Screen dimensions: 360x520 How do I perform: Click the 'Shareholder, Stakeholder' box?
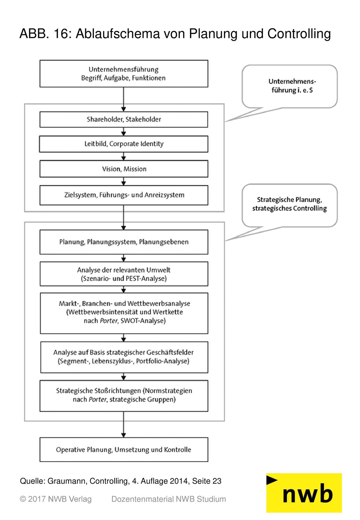[124, 119]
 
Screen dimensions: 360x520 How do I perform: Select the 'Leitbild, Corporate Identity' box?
[124, 144]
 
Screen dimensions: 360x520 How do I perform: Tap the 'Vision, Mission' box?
[124, 169]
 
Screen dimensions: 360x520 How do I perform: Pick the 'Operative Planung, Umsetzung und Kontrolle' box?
[124, 450]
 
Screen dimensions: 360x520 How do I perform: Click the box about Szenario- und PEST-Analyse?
[124, 274]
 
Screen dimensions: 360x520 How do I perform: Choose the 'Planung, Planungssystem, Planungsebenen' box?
[124, 242]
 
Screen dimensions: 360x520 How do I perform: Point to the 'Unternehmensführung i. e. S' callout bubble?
[289, 86]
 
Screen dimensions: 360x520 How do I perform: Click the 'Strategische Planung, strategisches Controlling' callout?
[289, 205]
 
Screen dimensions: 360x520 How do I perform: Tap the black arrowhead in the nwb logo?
[271, 480]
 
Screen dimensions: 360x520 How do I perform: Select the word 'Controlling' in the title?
[299, 34]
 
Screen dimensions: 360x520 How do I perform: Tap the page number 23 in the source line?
[217, 481]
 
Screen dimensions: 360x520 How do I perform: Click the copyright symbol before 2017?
[23, 499]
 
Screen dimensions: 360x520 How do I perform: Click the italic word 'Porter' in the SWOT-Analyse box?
[109, 321]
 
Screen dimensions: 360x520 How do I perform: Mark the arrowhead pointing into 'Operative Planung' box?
[123, 435]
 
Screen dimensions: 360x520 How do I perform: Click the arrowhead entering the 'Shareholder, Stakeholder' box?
[123, 109]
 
